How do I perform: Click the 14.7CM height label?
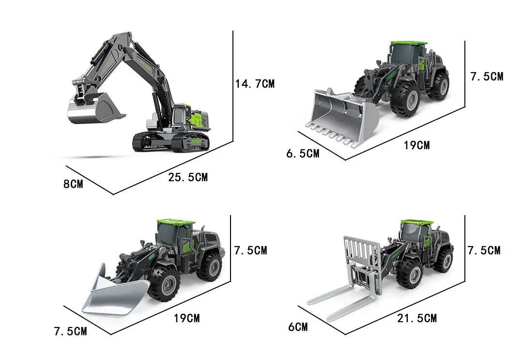(x=255, y=83)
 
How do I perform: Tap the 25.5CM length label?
(x=188, y=177)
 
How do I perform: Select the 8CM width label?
(x=73, y=184)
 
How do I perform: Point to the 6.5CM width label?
(x=303, y=154)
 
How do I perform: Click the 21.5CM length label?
(x=416, y=318)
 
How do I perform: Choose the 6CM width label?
(x=298, y=327)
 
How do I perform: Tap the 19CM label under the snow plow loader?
(x=187, y=318)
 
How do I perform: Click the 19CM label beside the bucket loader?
(x=416, y=145)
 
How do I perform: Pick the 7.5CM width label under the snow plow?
(x=70, y=331)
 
